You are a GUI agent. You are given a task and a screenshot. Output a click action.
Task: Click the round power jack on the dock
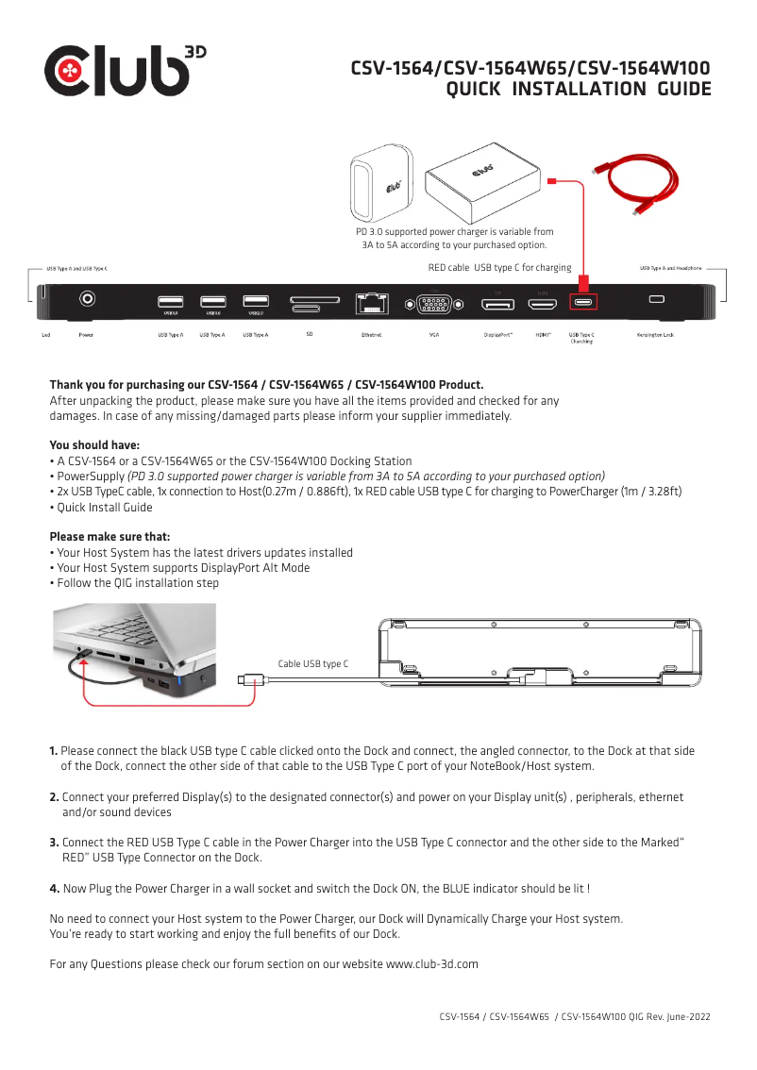[88, 300]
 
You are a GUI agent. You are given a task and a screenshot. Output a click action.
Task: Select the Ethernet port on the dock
[372, 303]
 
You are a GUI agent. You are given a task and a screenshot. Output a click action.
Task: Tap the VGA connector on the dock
[432, 304]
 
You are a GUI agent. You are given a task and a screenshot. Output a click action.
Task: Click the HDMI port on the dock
[542, 304]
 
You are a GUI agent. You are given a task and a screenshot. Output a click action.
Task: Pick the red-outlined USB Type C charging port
[584, 303]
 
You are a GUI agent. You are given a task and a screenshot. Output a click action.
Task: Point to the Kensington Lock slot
[656, 300]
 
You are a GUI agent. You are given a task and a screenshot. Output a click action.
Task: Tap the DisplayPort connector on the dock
[497, 304]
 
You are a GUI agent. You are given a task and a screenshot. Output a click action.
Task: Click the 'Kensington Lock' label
[654, 335]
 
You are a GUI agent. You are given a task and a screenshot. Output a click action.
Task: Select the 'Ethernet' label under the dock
[371, 335]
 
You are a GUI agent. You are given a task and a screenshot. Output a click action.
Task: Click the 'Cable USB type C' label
[312, 664]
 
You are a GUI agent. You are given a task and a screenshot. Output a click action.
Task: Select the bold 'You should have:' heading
[94, 445]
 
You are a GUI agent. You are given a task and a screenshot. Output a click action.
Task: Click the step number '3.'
[54, 843]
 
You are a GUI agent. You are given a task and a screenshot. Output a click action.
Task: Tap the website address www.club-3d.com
[431, 964]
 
